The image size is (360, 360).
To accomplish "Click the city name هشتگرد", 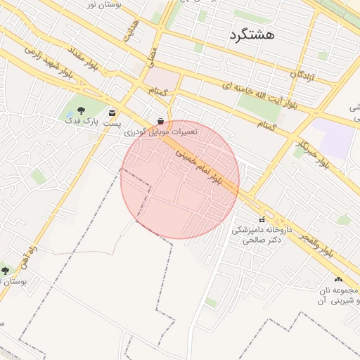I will point(251,34).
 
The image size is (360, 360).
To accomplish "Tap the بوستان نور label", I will point(100,5).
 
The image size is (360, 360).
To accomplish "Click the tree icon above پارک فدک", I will point(80,110).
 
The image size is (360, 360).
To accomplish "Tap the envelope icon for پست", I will point(112,112).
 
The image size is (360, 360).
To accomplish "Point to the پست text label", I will point(112,123).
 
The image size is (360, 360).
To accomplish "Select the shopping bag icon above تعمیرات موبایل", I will point(162,120).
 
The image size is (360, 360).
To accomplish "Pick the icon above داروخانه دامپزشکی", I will point(262,219).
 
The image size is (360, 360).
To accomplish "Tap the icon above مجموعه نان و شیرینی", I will point(338,279).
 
